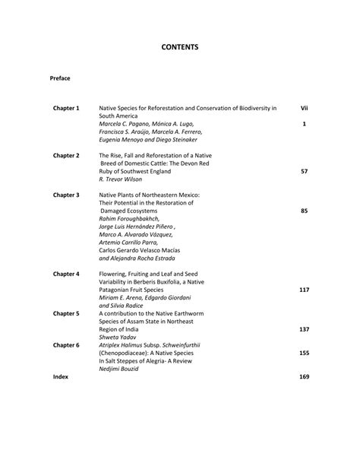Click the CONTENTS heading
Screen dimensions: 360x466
pos(180,47)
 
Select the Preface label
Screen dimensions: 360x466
pos(60,78)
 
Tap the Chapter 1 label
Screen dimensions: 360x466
pos(66,109)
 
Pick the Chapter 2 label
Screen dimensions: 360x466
pos(66,155)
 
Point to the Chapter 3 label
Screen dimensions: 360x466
pos(66,195)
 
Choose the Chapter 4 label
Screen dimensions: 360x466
pos(66,274)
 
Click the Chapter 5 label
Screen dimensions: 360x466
pos(66,313)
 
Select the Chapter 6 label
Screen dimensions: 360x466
pos(66,344)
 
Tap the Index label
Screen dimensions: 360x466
pos(60,377)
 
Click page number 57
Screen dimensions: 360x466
pos(304,172)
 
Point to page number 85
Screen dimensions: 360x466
pos(304,211)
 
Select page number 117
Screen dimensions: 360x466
pos(304,290)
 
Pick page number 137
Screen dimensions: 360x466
pos(304,329)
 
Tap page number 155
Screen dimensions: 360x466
pos(304,353)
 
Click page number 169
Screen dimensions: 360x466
pos(304,377)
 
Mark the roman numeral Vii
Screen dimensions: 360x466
pos(304,109)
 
